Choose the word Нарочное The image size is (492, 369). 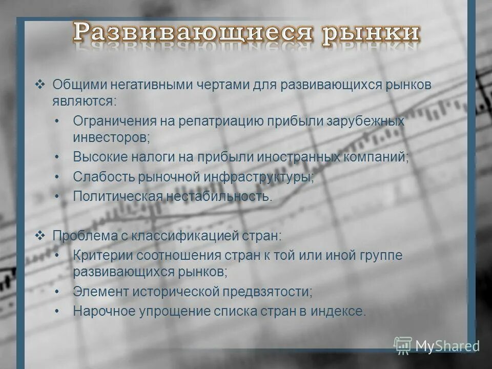[100, 311]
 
